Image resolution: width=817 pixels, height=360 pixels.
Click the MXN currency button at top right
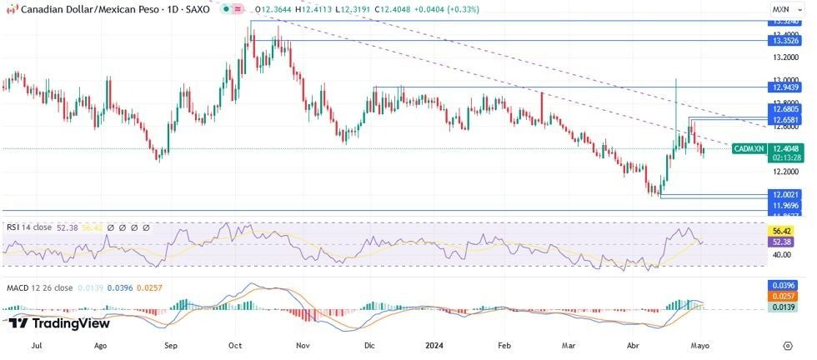click(x=780, y=8)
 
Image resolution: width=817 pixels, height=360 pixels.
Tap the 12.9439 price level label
click(x=786, y=87)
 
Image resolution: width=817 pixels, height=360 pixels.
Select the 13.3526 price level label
click(x=786, y=40)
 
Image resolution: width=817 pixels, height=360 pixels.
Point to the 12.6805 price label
click(x=786, y=109)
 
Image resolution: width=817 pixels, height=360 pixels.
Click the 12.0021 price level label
click(x=786, y=194)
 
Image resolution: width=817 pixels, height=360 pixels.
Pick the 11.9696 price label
click(x=786, y=205)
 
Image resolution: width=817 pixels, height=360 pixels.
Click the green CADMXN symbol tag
click(x=749, y=148)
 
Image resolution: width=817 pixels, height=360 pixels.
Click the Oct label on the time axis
click(x=235, y=343)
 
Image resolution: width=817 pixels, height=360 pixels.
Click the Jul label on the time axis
click(x=36, y=343)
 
